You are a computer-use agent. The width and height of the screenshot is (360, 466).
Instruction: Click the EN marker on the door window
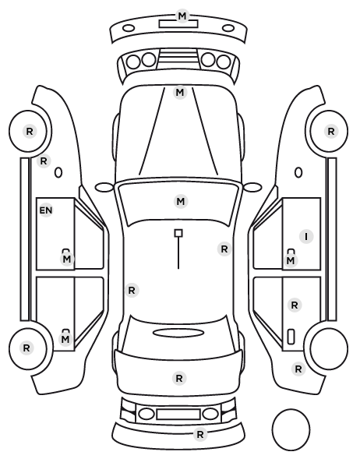[46, 210]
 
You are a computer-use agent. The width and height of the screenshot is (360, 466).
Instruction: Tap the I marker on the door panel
[306, 237]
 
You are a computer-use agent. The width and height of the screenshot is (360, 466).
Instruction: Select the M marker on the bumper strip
[182, 16]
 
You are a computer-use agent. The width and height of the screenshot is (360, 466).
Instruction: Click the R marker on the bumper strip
[200, 435]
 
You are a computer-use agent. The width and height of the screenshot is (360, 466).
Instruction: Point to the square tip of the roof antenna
[178, 233]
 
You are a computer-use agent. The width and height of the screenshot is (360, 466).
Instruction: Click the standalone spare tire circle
[291, 429]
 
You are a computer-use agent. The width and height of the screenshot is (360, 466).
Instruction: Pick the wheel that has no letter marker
[329, 348]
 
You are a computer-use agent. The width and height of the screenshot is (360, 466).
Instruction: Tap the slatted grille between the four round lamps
[178, 59]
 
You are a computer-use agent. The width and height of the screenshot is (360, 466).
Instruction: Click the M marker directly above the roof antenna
[181, 202]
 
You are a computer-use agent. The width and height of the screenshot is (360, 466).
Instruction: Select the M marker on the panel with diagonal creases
[180, 93]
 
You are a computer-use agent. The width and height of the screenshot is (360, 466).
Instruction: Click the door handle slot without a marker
[291, 337]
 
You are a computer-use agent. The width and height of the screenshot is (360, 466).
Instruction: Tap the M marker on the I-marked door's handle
[291, 260]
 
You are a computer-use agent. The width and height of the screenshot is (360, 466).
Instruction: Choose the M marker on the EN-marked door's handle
[67, 259]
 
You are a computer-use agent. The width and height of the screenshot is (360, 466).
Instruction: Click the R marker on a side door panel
[295, 305]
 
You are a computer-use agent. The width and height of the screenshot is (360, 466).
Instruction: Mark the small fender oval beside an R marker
[58, 172]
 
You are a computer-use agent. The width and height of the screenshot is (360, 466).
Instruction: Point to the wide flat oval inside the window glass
[178, 333]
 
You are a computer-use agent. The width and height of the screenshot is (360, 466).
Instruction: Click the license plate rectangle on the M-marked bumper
[178, 24]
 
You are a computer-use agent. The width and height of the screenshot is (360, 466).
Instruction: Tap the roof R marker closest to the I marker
[224, 249]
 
